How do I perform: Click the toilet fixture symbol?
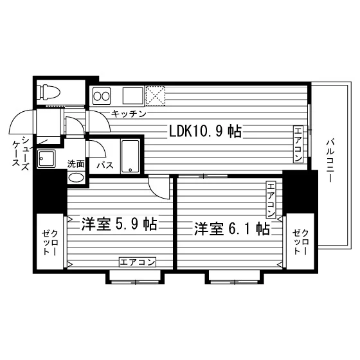click(50, 93)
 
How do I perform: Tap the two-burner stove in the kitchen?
click(102, 96)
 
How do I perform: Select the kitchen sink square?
click(132, 96)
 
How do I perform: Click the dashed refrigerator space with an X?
click(156, 96)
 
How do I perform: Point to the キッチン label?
click(129, 114)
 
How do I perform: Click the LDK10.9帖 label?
click(205, 131)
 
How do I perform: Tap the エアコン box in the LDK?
click(298, 144)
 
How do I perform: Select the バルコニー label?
click(330, 160)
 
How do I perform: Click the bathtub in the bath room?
click(130, 156)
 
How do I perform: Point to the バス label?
click(105, 165)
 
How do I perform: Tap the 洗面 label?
click(76, 164)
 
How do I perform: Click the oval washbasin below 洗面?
click(76, 178)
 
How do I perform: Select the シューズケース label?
click(21, 154)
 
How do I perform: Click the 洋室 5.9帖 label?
click(120, 224)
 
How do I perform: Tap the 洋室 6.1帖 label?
click(232, 229)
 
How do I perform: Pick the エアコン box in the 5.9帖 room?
click(138, 262)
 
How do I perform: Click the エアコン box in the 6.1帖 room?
click(271, 199)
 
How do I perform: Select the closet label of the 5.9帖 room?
click(50, 242)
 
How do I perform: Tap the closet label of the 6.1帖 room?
click(301, 242)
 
